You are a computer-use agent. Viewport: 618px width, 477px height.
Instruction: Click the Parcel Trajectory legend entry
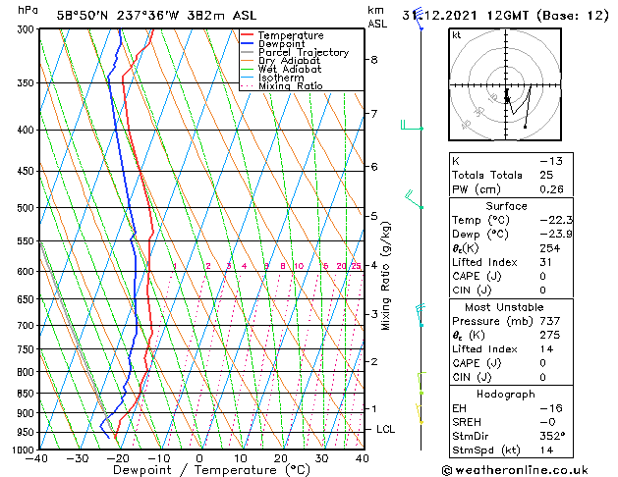point(303,52)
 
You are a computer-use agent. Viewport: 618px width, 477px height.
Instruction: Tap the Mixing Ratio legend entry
point(290,86)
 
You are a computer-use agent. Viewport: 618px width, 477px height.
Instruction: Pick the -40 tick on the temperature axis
point(38,458)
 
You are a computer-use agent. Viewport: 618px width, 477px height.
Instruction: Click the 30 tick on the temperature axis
point(321,458)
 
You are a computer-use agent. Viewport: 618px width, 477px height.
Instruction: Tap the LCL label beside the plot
point(386,430)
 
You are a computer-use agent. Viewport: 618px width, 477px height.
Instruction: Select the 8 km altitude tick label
point(374,60)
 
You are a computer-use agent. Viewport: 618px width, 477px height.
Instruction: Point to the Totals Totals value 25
point(546,175)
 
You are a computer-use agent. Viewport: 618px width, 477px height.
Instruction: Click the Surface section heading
point(506,205)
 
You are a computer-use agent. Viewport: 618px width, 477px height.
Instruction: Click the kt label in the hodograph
point(457,35)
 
